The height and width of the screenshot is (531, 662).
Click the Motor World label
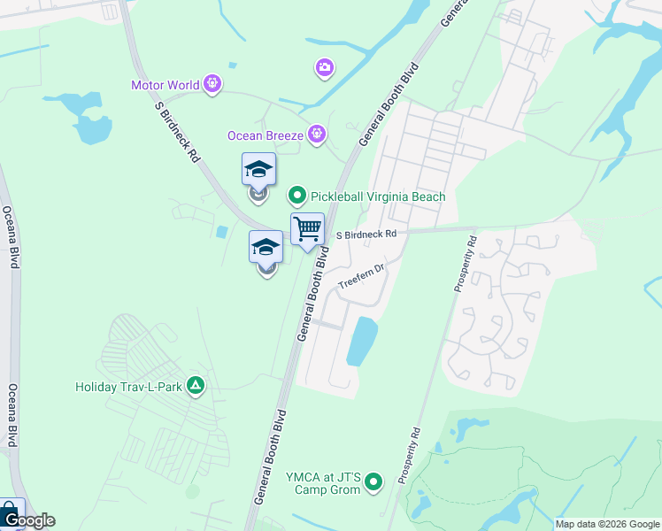pos(165,85)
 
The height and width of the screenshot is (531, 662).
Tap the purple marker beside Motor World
pos(212,85)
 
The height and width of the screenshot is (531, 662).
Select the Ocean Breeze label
pos(266,135)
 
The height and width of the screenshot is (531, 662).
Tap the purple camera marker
pos(325,67)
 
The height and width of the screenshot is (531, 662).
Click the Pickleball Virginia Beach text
pos(378,196)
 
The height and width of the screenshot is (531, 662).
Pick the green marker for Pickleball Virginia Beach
pos(297,196)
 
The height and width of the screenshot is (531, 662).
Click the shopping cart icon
pos(307,229)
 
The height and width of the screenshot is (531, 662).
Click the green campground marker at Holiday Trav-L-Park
pos(196,386)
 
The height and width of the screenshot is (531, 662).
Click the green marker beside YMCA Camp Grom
pos(373,482)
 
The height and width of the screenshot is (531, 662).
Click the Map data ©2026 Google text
pos(607,524)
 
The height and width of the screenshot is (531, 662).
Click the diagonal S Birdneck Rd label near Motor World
pos(177,130)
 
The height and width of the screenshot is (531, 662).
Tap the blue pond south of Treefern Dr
pos(361,342)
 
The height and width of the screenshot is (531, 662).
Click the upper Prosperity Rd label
pos(466,263)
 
